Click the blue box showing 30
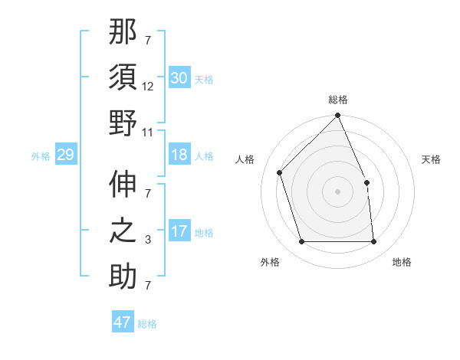click(179, 78)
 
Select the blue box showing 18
click(179, 155)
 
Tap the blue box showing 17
click(179, 231)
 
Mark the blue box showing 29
click(65, 155)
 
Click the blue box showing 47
click(123, 322)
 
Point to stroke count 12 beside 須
click(148, 87)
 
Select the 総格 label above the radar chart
click(337, 100)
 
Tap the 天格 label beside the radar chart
click(432, 159)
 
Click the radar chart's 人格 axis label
click(245, 159)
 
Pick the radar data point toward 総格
click(337, 116)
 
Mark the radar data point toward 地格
click(373, 242)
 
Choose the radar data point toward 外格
click(301, 242)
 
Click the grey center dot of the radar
click(337, 191)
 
